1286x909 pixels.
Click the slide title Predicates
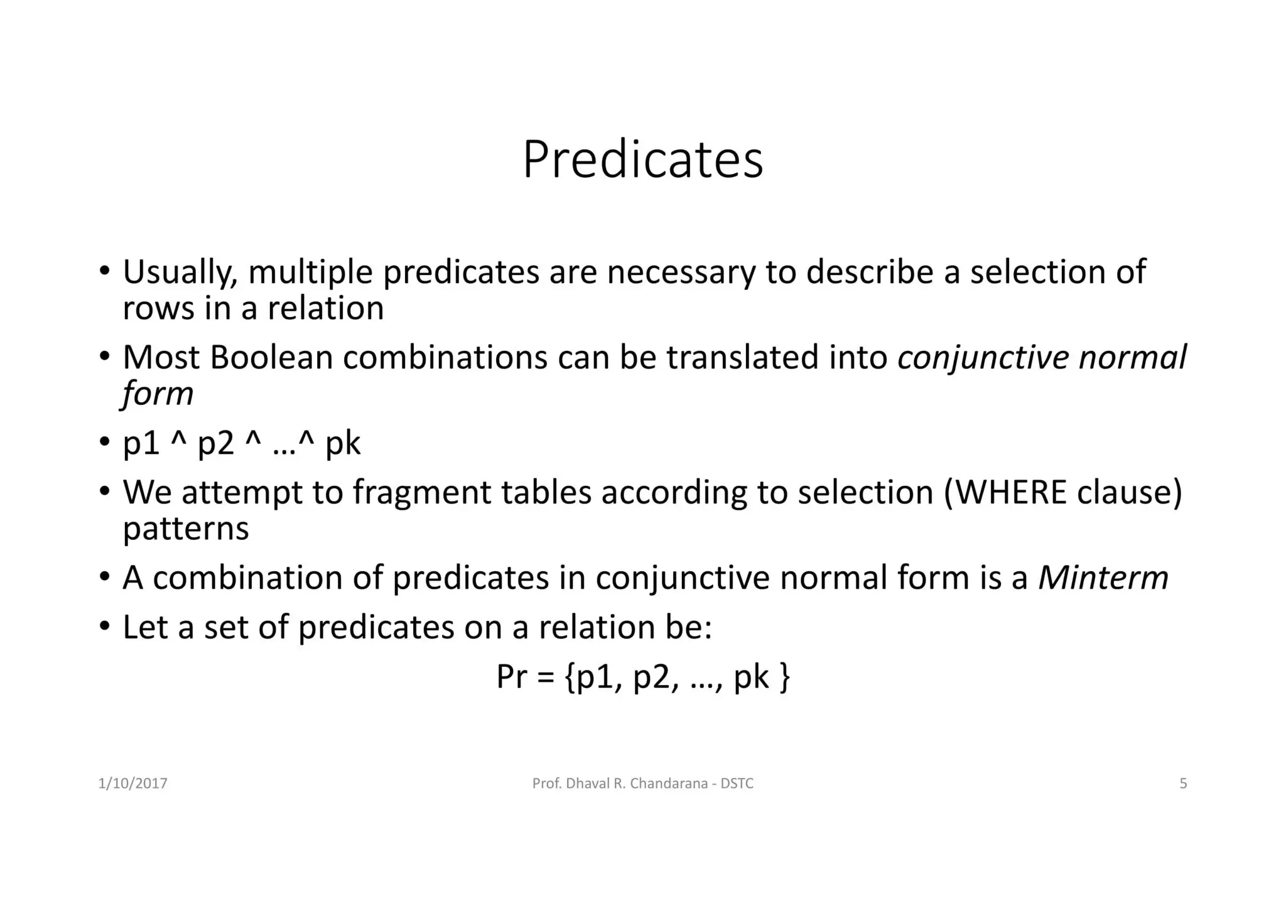642,160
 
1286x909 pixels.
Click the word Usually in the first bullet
180,273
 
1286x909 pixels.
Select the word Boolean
271,358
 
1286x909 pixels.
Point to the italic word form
158,394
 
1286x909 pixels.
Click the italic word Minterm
1103,578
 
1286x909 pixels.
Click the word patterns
186,529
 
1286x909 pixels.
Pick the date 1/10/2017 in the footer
133,783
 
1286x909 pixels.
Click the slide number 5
1183,783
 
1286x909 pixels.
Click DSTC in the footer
737,783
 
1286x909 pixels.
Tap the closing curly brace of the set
784,678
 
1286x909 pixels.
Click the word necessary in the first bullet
681,273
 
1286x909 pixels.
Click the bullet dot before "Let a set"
104,626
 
